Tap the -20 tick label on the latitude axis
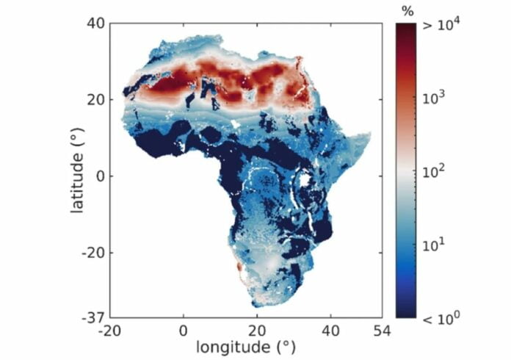pos(91,252)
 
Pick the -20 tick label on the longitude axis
pos(110,330)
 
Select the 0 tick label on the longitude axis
pos(184,330)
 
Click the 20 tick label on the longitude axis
pos(257,330)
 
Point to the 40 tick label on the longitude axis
pos(330,330)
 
